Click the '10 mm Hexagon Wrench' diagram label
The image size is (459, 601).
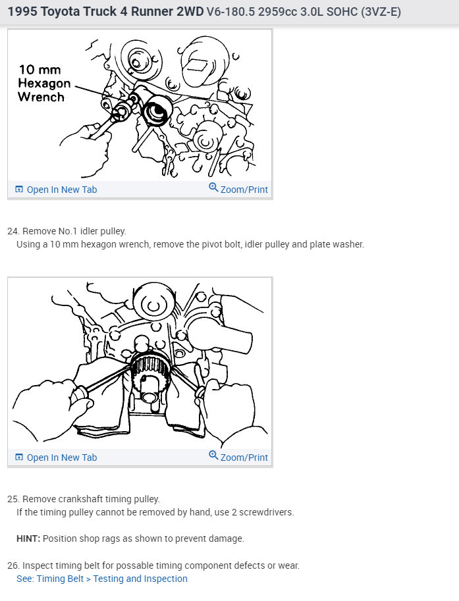45,83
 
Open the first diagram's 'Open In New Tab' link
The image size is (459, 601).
56,190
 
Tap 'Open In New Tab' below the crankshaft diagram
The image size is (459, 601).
56,457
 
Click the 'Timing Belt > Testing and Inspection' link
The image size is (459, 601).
112,579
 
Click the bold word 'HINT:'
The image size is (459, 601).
28,538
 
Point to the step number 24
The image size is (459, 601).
13,231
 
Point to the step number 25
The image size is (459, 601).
13,499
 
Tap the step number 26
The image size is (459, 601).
13,565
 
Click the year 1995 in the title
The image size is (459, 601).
22,11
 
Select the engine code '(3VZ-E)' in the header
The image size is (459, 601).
381,12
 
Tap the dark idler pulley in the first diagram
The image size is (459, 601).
156,110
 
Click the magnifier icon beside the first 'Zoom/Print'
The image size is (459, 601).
213,188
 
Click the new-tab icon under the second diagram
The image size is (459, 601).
19,457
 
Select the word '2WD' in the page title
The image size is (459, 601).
190,11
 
